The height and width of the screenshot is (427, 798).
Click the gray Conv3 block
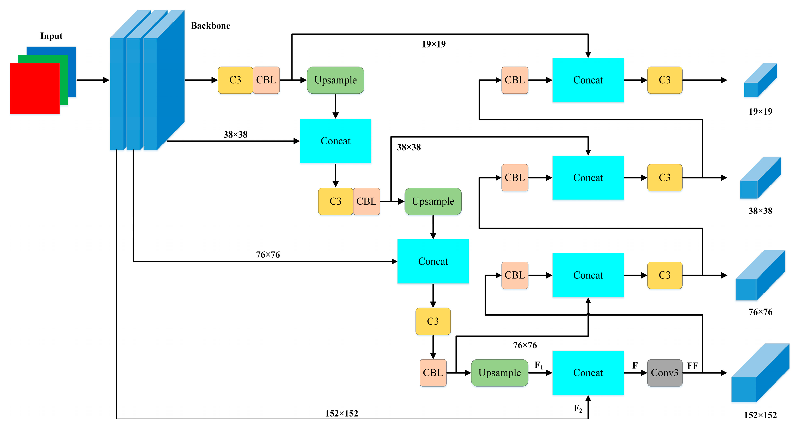[665, 373]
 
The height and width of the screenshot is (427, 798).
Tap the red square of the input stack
[35, 89]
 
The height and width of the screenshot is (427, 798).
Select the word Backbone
[211, 26]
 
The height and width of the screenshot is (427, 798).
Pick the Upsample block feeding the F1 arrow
[499, 373]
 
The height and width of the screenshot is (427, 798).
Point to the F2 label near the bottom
[578, 409]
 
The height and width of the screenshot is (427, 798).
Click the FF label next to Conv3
[692, 366]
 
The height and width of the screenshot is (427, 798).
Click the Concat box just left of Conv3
[588, 373]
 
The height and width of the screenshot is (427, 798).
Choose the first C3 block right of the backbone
[235, 80]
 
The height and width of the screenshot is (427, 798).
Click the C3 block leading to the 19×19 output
[665, 80]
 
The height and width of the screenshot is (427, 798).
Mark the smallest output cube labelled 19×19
[760, 80]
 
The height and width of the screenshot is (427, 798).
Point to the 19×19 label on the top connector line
[434, 44]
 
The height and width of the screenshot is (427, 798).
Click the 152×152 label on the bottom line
[341, 414]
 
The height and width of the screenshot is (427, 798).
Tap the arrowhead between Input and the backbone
[106, 80]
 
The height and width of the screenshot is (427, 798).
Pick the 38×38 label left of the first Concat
[235, 135]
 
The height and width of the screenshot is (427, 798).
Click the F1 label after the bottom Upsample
[539, 365]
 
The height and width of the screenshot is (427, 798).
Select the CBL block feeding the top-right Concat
[515, 80]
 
